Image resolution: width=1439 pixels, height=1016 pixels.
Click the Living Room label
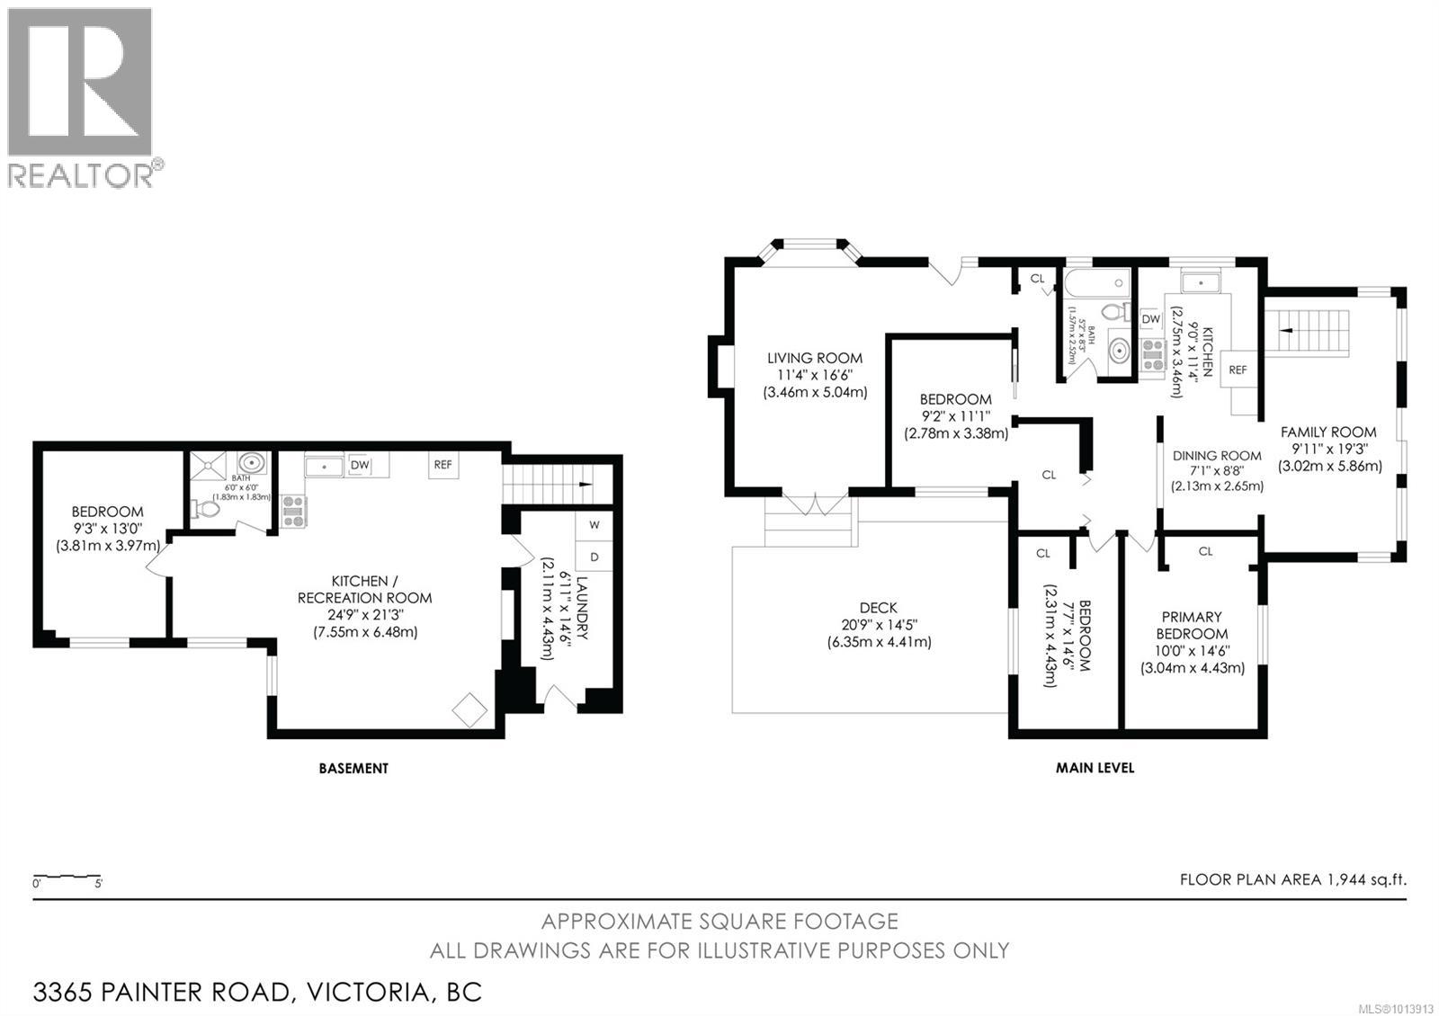(815, 358)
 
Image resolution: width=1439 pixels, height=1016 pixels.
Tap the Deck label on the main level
(878, 609)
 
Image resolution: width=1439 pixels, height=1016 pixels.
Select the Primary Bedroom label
(1192, 625)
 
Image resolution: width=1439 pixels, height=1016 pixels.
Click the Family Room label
(1328, 432)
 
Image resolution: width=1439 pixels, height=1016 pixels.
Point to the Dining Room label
(1217, 456)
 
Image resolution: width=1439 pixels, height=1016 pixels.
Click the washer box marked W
(594, 524)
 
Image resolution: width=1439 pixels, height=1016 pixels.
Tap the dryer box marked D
(594, 556)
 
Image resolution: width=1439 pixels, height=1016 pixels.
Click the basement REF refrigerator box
(442, 465)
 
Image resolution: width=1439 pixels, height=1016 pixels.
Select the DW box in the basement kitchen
(360, 465)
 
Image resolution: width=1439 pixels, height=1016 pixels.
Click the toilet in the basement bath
(207, 510)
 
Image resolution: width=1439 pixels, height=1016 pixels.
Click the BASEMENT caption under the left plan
(353, 769)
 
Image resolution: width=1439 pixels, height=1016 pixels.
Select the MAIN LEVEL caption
(1095, 769)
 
